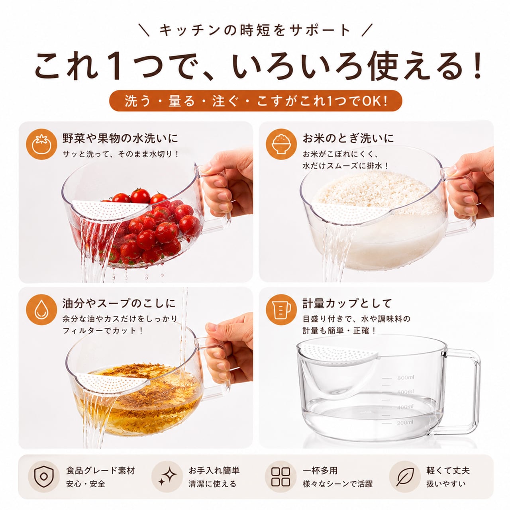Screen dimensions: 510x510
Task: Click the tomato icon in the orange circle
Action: pos(41,144)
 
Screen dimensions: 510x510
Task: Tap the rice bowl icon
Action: pos(281,144)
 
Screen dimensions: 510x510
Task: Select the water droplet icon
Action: pos(41,310)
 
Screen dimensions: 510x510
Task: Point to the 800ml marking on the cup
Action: pos(406,378)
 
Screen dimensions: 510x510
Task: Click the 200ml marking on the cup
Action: pos(405,423)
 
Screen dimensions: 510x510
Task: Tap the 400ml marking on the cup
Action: pos(405,407)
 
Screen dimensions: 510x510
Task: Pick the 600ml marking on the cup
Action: pos(406,391)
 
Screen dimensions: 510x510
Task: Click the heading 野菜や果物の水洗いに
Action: pos(120,138)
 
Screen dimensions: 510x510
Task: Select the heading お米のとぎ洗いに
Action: pos(348,138)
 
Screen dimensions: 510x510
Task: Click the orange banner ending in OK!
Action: pos(256,101)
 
